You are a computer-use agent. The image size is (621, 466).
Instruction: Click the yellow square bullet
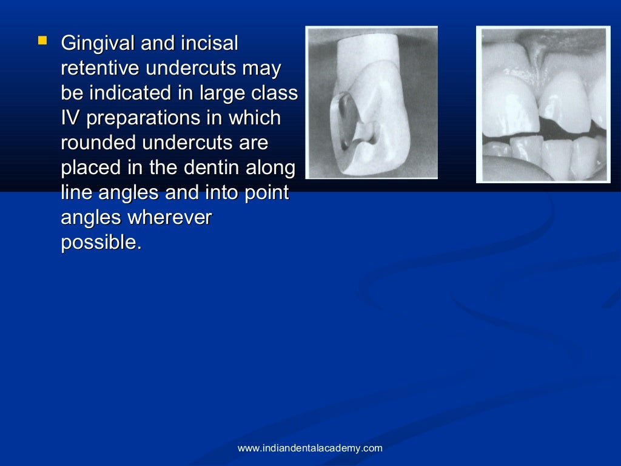tap(42, 41)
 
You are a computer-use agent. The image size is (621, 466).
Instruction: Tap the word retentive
tap(101, 69)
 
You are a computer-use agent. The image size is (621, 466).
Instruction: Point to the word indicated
tap(131, 93)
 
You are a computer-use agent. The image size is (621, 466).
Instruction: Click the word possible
tap(101, 243)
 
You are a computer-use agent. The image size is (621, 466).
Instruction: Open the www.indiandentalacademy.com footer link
tap(310, 448)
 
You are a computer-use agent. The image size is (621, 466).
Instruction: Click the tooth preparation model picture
tap(371, 102)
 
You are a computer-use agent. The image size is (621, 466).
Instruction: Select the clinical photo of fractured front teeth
tap(543, 104)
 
